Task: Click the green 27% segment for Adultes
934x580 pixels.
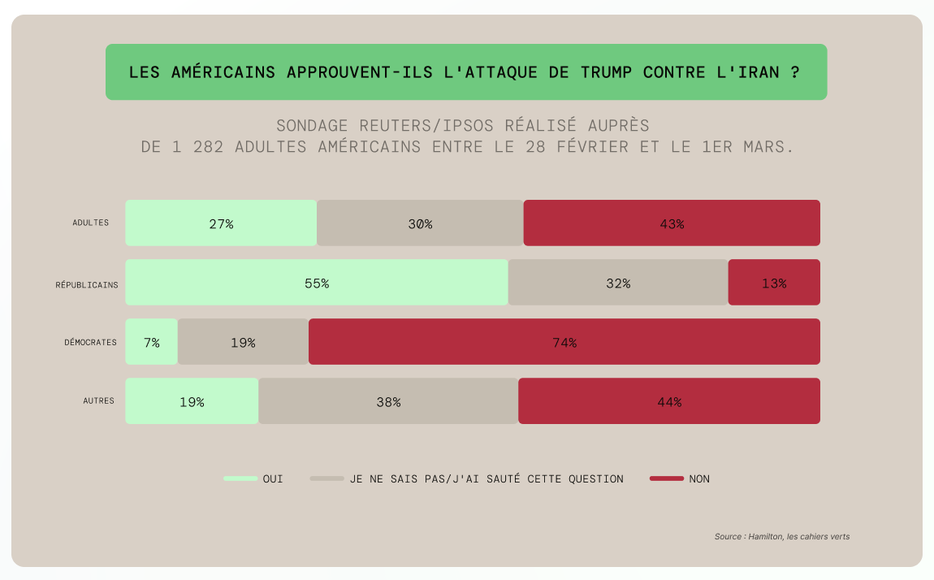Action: coord(221,223)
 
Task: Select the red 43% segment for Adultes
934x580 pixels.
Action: coord(672,223)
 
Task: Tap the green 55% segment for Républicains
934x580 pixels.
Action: coord(317,283)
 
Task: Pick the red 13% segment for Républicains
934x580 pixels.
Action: coord(774,283)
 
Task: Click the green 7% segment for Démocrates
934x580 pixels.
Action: coord(152,342)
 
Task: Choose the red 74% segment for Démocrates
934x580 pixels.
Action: coord(564,342)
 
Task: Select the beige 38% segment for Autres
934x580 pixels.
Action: coord(388,401)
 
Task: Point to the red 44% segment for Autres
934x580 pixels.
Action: coord(669,401)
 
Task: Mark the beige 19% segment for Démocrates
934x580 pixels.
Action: coord(243,342)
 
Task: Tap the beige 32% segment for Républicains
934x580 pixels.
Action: coord(618,283)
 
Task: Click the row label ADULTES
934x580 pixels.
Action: coord(90,223)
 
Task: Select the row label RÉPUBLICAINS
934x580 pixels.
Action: coord(87,284)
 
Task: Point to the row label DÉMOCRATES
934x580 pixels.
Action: coord(91,342)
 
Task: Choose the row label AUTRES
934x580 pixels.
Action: coord(98,400)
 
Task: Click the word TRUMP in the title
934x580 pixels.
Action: coord(608,71)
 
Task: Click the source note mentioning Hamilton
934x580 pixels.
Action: coord(781,536)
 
